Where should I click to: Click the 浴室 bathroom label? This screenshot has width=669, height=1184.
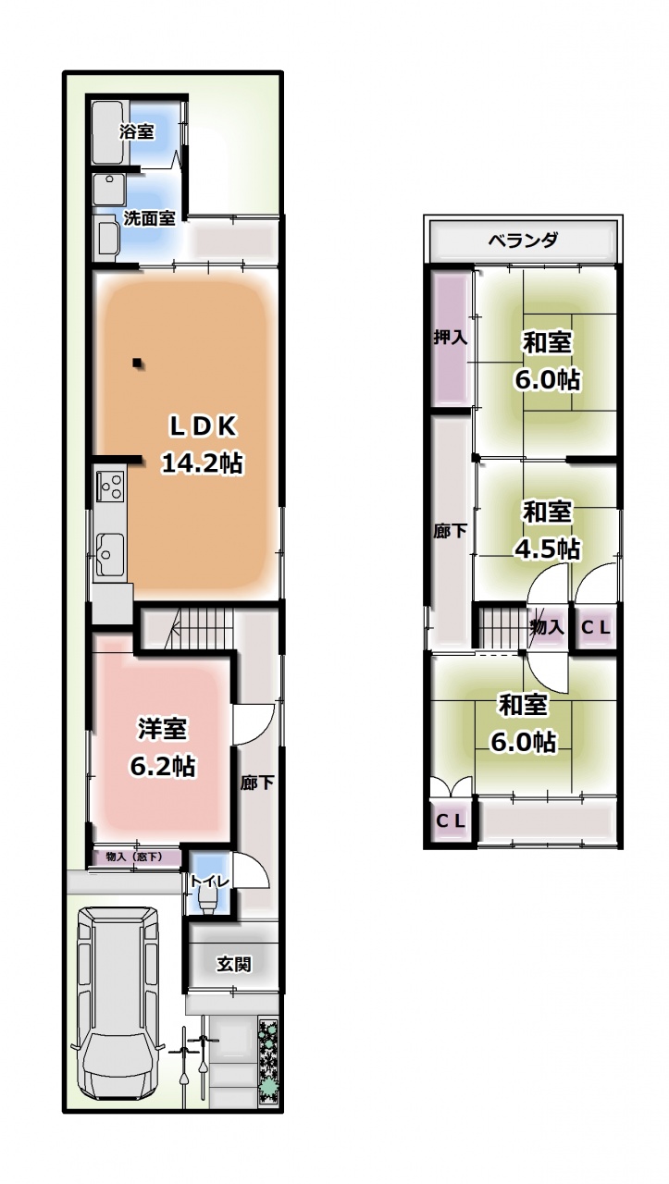[x=136, y=131]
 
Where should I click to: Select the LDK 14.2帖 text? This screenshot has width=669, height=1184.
[x=202, y=445]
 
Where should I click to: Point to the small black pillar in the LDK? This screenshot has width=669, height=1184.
[x=137, y=363]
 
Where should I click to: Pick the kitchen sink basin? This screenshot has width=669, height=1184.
[x=109, y=554]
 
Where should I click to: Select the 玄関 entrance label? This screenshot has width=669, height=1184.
[x=234, y=964]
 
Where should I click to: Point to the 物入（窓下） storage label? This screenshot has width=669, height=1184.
[x=134, y=857]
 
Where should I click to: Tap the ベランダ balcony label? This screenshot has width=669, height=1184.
[x=523, y=240]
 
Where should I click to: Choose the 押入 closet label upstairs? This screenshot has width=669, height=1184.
[x=451, y=338]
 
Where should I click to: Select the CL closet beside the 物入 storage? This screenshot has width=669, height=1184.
[x=596, y=628]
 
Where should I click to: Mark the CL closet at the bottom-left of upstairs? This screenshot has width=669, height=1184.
[x=451, y=820]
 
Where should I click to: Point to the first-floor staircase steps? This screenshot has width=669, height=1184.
[x=203, y=627]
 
